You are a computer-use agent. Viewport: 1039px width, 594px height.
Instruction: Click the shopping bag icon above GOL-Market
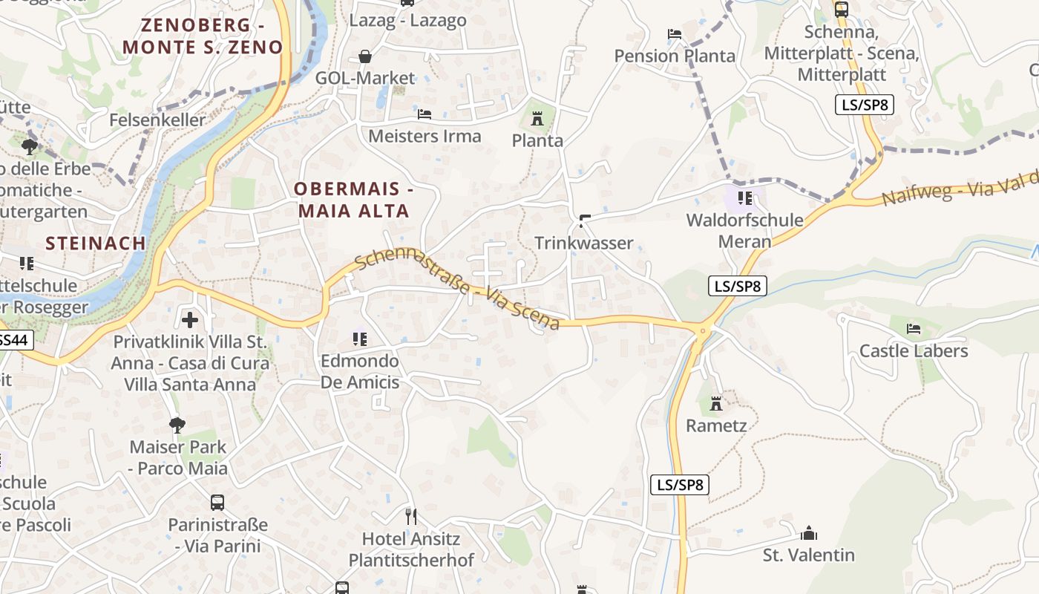tap(365, 56)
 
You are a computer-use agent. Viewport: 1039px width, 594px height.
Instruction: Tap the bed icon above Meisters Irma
tap(425, 114)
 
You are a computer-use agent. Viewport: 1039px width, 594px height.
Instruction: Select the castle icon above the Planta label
tap(537, 118)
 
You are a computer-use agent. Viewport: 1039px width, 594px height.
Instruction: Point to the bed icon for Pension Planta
tap(675, 34)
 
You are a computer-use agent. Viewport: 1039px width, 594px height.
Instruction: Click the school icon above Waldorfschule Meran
tap(745, 198)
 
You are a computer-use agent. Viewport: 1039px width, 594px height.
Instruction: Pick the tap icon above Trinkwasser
tap(584, 221)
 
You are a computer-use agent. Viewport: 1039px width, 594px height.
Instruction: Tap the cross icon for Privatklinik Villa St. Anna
tap(190, 320)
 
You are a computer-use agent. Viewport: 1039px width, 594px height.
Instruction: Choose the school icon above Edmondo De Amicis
tap(360, 339)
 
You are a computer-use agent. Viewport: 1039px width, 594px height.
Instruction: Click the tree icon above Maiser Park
tap(177, 425)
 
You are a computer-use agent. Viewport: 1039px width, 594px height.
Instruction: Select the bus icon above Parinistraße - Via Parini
tap(217, 502)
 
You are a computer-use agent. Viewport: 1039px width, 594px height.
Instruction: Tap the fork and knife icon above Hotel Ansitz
tap(411, 516)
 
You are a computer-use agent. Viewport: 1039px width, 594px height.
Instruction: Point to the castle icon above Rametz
tap(716, 404)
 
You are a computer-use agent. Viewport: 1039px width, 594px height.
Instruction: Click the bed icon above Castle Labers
tap(914, 329)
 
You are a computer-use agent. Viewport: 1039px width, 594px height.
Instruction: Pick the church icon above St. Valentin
tap(809, 533)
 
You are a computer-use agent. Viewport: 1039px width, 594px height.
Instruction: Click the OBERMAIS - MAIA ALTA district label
tap(354, 200)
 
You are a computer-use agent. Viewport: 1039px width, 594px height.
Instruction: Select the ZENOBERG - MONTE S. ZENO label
tap(203, 36)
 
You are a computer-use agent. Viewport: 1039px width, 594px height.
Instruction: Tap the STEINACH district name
tap(96, 244)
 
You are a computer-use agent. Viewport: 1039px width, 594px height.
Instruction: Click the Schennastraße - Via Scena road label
tap(457, 290)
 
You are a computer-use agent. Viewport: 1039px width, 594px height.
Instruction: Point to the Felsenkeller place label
tap(157, 120)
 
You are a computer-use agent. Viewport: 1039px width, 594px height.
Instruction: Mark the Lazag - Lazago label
tap(408, 21)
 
